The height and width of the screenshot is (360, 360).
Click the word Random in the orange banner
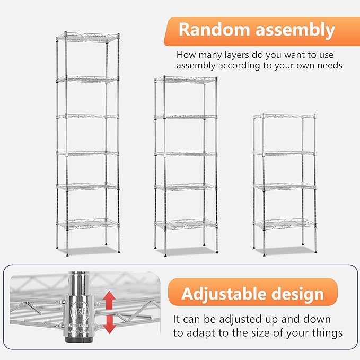click(214, 30)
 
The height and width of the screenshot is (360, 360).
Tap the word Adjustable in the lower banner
click(226, 293)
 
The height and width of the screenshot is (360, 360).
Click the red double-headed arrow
click(109, 311)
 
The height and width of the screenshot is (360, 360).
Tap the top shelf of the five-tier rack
click(186, 80)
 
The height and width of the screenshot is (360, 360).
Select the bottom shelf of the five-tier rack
click(186, 224)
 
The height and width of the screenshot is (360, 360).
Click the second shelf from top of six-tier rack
click(88, 79)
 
